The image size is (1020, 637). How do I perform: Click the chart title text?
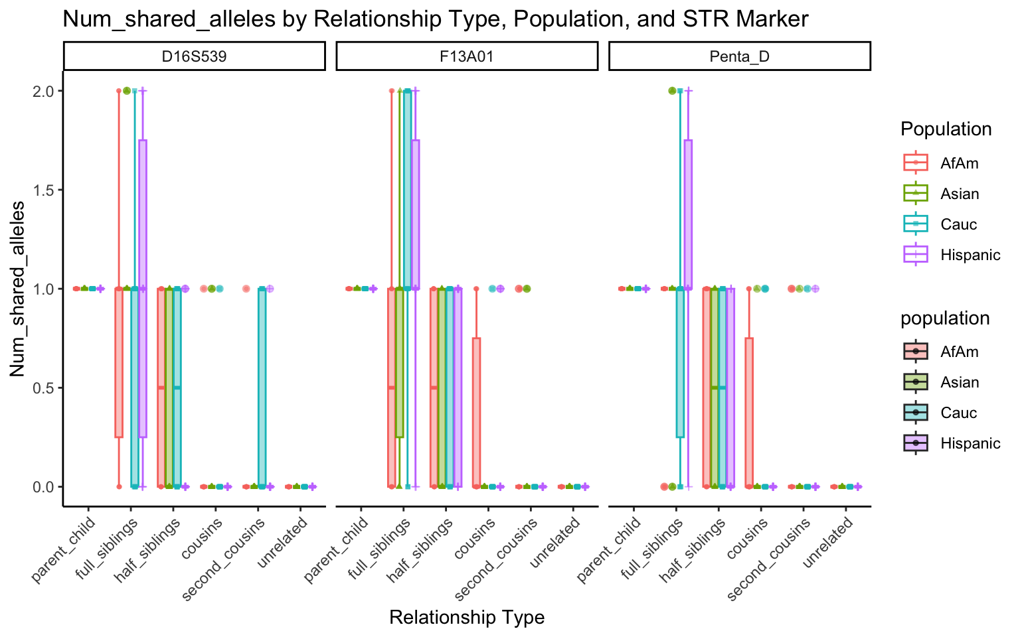coord(435,19)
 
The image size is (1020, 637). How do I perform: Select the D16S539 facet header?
coord(194,56)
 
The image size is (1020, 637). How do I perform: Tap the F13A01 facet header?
coord(467,56)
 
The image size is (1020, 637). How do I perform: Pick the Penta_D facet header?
coord(739,56)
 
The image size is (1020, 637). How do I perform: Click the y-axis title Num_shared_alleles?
coord(18,289)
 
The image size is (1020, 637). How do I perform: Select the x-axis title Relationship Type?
coord(467,618)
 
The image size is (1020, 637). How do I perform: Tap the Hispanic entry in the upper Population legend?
coord(970,255)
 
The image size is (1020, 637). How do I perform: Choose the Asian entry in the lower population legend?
coord(960,383)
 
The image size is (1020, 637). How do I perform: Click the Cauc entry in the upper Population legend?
coord(958,225)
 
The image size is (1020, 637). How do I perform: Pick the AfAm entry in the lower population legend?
coord(960,352)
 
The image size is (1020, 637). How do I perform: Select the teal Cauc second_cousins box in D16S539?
coord(262,388)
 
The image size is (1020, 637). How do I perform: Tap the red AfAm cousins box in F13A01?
coord(476,412)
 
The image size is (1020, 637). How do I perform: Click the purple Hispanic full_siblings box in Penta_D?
coord(688,214)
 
